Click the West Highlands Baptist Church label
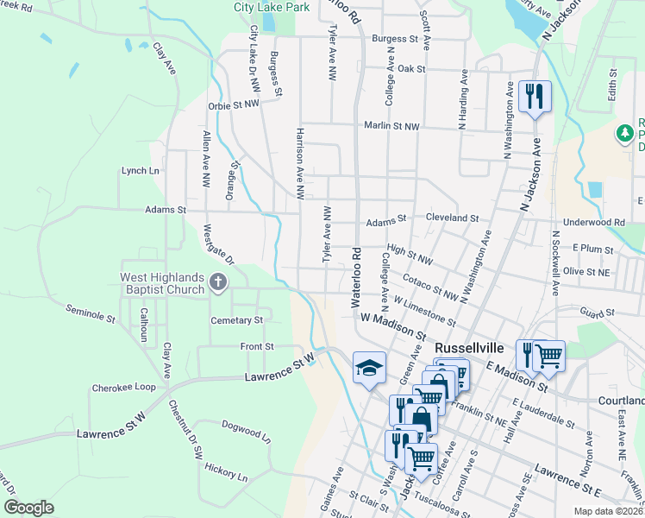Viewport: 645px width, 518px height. point(161,282)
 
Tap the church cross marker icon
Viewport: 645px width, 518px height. point(219,281)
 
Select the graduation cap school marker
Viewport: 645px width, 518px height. point(368,369)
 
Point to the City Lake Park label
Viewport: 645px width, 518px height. point(272,7)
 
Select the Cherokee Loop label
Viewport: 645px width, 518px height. point(123,388)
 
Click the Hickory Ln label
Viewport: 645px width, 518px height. point(226,476)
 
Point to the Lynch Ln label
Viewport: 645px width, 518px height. point(140,171)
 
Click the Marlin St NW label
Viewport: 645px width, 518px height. point(391,126)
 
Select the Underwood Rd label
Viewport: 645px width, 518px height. point(593,222)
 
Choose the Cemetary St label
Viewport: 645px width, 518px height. point(236,320)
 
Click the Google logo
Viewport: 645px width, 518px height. point(29,508)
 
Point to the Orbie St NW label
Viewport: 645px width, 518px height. point(233,104)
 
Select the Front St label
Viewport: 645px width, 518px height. point(257,346)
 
